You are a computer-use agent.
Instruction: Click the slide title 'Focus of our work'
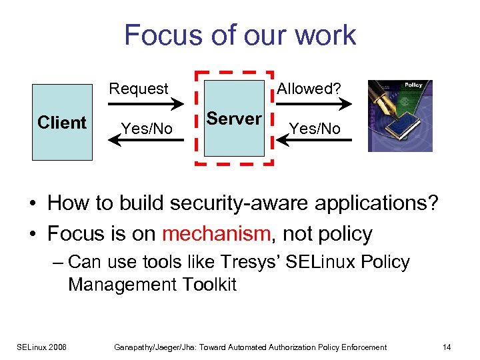pyautogui.click(x=240, y=35)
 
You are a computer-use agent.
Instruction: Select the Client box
pyautogui.click(x=62, y=122)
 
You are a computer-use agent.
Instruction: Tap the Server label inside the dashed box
pyautogui.click(x=234, y=119)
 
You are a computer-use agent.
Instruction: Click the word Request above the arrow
pyautogui.click(x=139, y=89)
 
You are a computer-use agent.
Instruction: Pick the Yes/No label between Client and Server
pyautogui.click(x=146, y=129)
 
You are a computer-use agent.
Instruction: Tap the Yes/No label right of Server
pyautogui.click(x=315, y=129)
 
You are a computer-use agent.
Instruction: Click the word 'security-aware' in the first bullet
pyautogui.click(x=213, y=202)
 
